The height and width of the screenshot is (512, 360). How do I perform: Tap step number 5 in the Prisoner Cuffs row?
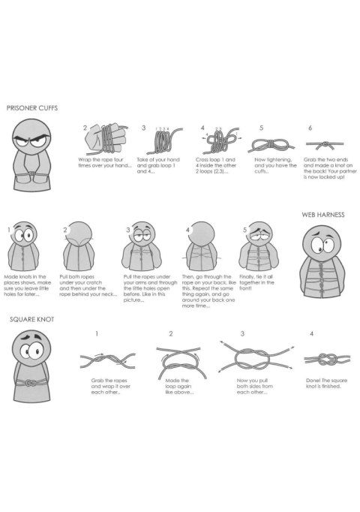261,128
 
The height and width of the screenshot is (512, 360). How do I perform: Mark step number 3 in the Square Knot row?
242,333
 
